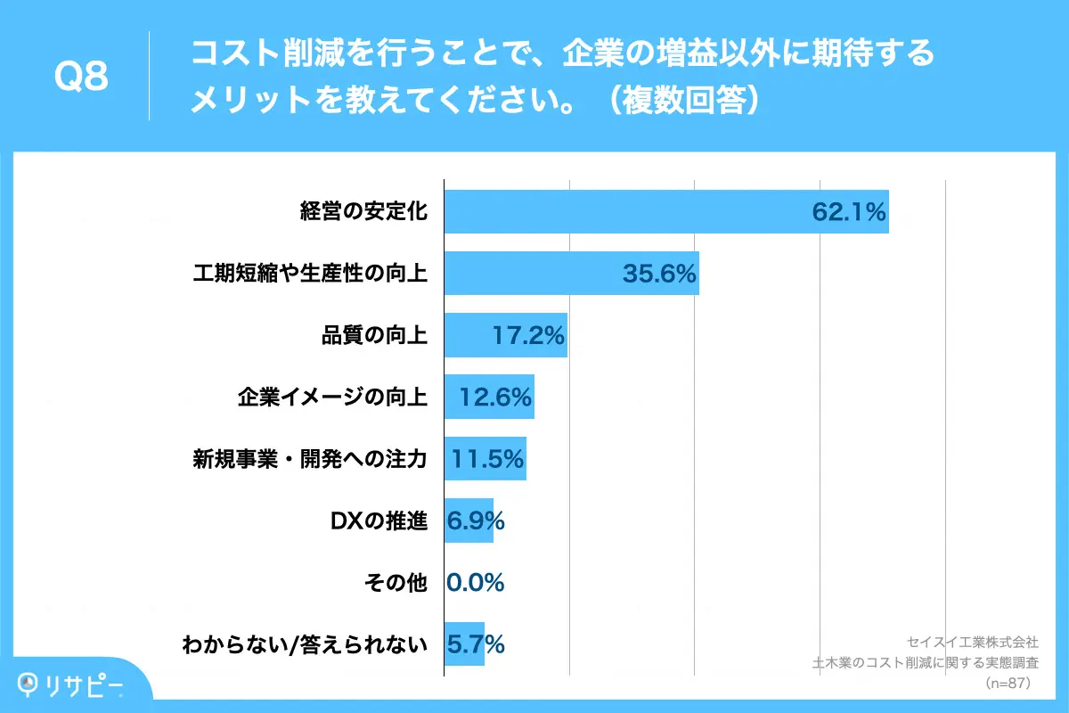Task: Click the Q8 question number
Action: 81,77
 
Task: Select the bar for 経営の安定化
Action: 624,212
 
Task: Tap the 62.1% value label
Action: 848,212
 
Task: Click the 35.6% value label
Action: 659,274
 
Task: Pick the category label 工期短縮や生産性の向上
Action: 310,274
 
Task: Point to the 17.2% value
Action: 528,336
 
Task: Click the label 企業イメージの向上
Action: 333,397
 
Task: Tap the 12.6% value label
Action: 495,397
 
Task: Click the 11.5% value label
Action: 487,459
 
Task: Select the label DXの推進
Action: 377,520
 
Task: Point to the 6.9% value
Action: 476,520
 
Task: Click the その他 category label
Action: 396,583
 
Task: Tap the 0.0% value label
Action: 476,583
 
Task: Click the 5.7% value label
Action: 476,643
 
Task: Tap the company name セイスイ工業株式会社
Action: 972,642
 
